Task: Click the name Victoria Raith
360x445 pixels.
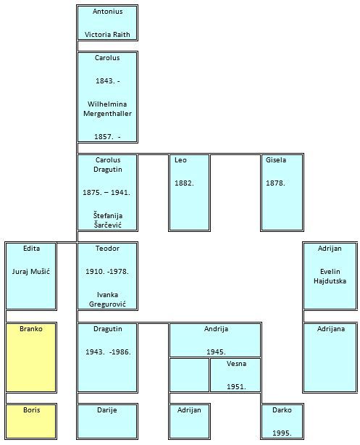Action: point(107,35)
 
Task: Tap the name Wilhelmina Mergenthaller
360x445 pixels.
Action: point(107,109)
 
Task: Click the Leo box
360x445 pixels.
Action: point(189,193)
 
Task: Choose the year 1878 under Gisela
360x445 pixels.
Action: point(275,183)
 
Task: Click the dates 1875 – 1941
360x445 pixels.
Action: point(106,192)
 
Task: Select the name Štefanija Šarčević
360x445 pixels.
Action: point(108,220)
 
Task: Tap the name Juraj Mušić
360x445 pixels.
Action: point(31,272)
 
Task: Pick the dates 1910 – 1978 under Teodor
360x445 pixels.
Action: point(107,272)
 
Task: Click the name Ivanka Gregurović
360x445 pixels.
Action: point(107,299)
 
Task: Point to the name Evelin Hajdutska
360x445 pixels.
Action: point(330,276)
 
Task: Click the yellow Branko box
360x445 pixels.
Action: point(31,357)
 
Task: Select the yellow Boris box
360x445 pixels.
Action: point(31,421)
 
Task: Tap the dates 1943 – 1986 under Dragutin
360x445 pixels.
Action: point(108,352)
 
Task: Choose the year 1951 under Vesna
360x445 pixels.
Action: point(236,386)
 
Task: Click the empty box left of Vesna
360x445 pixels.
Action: point(189,375)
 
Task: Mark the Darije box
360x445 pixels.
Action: point(107,421)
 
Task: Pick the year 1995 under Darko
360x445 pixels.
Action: point(282,433)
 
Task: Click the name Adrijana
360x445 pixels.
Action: point(331,329)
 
